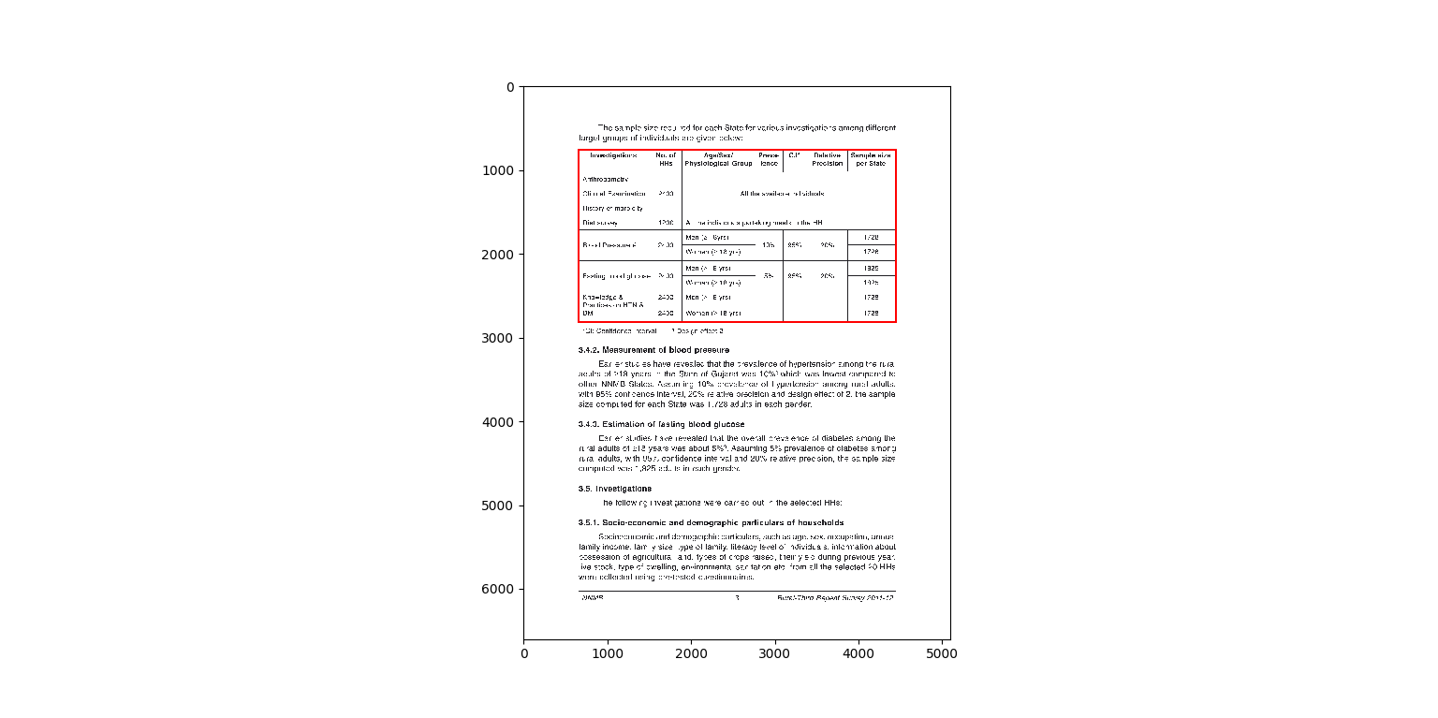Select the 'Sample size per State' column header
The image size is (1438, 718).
(x=871, y=159)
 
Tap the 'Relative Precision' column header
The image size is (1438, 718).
(x=828, y=159)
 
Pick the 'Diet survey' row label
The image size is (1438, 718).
(x=600, y=223)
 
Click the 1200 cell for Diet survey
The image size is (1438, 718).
(x=666, y=223)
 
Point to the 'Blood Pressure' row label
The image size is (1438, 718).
(x=609, y=245)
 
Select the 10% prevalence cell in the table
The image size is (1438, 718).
(x=768, y=245)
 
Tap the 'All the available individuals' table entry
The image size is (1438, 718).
(x=782, y=194)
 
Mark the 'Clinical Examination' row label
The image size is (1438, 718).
(x=614, y=194)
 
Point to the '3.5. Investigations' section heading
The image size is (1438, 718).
(x=615, y=489)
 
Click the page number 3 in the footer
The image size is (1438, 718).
(x=737, y=597)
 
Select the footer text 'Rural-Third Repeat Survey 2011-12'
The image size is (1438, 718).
(x=835, y=597)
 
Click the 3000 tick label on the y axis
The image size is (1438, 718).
(x=497, y=338)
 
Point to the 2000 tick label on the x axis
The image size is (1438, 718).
(x=691, y=653)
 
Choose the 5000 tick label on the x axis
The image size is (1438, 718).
(x=942, y=653)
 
